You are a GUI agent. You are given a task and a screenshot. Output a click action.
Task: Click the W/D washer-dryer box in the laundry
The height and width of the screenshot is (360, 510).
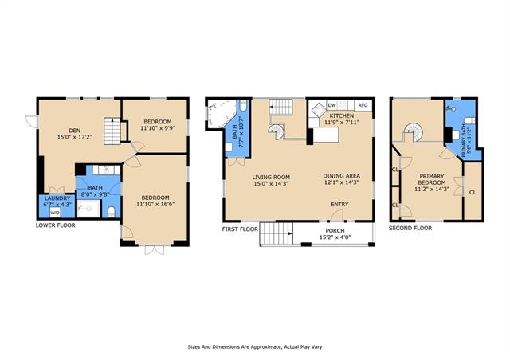(55, 213)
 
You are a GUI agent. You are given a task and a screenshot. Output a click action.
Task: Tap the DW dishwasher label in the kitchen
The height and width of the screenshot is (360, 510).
(331, 105)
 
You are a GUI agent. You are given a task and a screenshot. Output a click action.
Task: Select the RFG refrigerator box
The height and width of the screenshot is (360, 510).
(363, 105)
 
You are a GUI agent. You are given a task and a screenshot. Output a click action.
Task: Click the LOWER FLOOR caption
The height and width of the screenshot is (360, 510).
(55, 225)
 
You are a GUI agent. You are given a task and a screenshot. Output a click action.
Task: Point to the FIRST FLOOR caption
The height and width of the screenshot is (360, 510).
(240, 229)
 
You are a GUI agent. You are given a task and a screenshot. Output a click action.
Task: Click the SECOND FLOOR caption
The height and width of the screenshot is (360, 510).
(410, 229)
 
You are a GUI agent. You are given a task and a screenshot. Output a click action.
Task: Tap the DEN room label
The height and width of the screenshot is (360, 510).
(74, 131)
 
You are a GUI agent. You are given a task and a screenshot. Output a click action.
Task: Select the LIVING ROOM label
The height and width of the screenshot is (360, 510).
(271, 178)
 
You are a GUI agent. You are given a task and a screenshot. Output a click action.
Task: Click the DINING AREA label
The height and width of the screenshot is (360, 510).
(342, 176)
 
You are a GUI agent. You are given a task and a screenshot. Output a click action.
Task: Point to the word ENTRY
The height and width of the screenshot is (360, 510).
(339, 204)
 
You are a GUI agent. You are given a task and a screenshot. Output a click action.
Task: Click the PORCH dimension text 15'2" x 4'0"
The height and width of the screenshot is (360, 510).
(335, 237)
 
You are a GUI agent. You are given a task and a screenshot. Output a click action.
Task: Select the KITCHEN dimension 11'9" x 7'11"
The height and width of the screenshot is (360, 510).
(342, 123)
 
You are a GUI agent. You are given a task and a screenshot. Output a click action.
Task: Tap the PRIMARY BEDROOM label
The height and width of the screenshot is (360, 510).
(432, 179)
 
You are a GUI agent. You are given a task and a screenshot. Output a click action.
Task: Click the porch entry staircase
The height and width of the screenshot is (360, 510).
(277, 233)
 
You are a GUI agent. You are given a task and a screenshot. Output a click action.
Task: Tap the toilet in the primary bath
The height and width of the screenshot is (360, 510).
(469, 121)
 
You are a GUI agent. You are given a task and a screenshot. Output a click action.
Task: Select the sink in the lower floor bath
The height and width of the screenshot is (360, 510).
(105, 170)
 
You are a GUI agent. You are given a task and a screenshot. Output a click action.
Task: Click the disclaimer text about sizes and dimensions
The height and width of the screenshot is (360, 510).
(255, 347)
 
